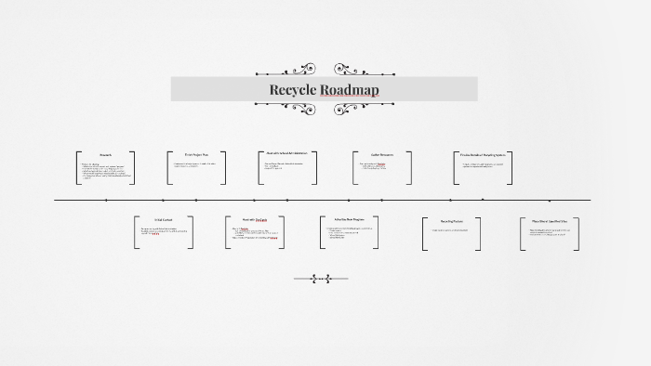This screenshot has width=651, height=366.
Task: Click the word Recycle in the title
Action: (293, 90)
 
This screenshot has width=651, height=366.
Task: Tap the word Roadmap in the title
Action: (350, 90)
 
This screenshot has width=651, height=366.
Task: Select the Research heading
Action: (105, 154)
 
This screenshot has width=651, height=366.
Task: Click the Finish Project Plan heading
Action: (197, 154)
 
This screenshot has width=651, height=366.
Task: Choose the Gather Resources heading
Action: (381, 154)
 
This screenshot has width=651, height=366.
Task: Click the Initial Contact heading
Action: (165, 220)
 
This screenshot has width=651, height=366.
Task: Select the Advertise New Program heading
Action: (350, 220)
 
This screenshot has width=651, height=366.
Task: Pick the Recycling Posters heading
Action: (453, 221)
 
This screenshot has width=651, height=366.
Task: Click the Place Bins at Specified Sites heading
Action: (550, 221)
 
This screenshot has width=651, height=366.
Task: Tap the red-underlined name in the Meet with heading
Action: (262, 220)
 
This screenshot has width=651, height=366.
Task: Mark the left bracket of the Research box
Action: (77, 166)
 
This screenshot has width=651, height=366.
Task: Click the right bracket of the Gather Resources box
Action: (410, 166)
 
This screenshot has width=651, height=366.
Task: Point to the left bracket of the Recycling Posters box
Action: (424, 233)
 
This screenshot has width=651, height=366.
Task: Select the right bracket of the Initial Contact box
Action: (193, 233)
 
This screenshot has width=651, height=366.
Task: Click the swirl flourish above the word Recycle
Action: (299, 70)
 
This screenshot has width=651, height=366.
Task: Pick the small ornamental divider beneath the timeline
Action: (321, 278)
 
